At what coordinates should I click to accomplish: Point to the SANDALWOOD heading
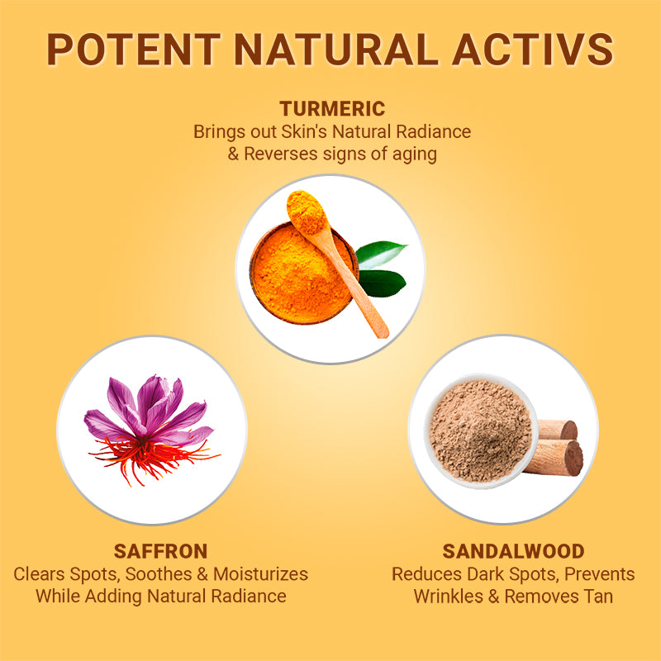coord(513,551)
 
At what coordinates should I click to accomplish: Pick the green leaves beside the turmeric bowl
coord(383,269)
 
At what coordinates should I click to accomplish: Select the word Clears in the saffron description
coord(40,573)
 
